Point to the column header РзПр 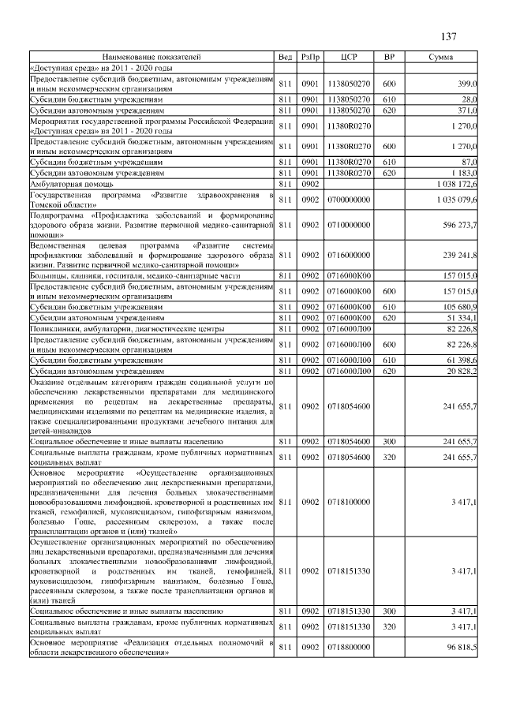click(x=311, y=57)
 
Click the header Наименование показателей click(x=151, y=57)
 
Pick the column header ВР click(x=388, y=57)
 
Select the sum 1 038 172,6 click(x=456, y=183)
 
